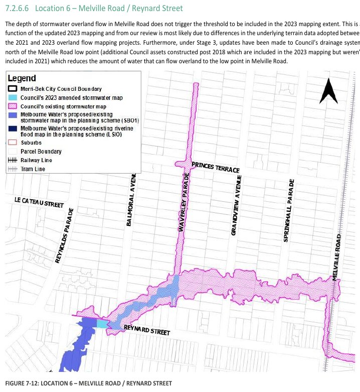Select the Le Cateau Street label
pos(39,202)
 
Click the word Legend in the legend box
pos(21,78)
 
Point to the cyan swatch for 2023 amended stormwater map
pos(13,97)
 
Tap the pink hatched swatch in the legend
pos(13,106)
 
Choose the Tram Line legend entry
pos(33,169)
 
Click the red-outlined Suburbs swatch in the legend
pos(13,143)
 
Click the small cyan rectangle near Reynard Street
pos(102,323)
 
